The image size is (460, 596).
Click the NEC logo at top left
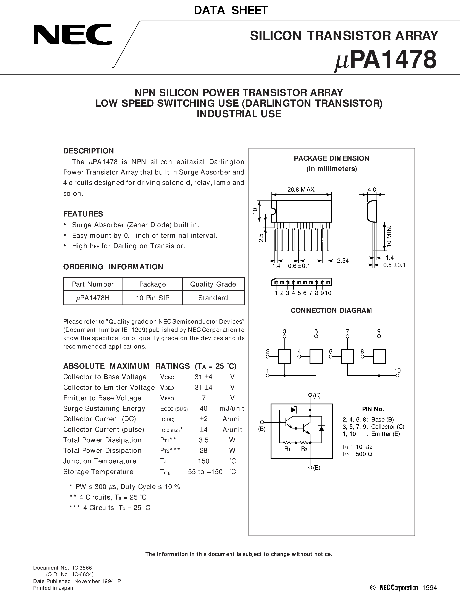pos(73,34)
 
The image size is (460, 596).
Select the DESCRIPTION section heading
pos(88,151)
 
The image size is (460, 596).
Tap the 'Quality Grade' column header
pos(213,284)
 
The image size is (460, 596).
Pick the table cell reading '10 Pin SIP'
pos(153,298)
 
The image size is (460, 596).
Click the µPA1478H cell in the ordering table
pos(93,298)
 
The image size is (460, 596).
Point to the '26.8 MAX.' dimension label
pos(301,189)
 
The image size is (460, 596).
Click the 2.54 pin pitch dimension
pos(342,261)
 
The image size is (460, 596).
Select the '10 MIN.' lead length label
pos(389,236)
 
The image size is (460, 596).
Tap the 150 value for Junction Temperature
pos(203,461)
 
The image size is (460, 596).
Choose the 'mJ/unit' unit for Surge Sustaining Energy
pos(232,409)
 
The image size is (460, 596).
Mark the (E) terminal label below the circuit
pos(316,468)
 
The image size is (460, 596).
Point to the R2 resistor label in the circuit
pos(304,449)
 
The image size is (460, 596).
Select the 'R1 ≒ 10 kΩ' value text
pos(357,447)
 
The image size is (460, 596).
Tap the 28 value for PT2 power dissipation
pos(203,451)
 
